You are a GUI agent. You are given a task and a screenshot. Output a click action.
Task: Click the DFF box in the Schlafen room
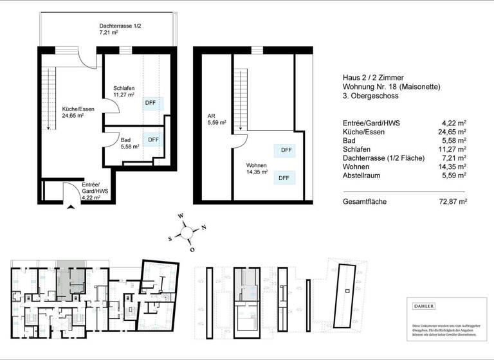click(154, 103)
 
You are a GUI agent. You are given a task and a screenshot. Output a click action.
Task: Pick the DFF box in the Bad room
click(154, 139)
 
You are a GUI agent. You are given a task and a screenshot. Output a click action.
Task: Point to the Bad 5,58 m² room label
click(130, 143)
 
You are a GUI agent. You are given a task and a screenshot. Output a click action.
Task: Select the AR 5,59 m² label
click(215, 120)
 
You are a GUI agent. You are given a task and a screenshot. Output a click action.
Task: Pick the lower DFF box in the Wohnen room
click(283, 177)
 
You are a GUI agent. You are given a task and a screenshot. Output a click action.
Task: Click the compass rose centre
click(186, 232)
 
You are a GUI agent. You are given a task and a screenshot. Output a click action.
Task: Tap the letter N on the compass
click(203, 226)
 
